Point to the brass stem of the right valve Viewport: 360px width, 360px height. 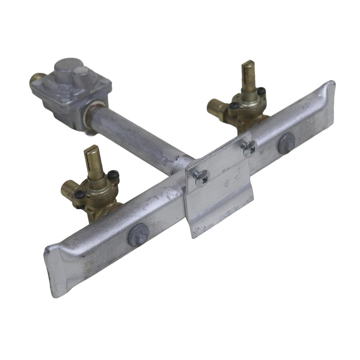[x=249, y=77]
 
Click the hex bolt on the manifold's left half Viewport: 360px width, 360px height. [x=138, y=235]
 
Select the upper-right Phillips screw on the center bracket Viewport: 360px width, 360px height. [x=249, y=148]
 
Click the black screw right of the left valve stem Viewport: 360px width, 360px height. [x=113, y=175]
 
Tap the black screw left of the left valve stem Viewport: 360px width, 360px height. [x=80, y=195]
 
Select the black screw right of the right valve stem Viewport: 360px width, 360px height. [x=262, y=92]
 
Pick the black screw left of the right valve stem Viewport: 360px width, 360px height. [x=234, y=106]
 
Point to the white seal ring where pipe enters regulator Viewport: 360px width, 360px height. [x=93, y=111]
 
